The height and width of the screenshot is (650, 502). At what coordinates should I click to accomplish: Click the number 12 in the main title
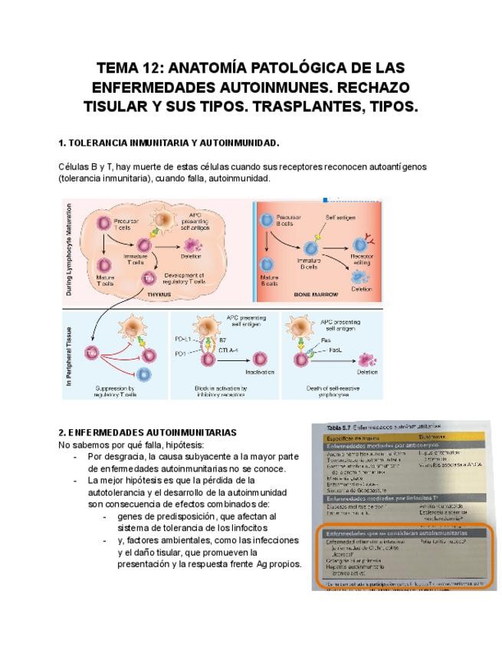154,67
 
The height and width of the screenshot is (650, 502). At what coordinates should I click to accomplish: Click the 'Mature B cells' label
269,280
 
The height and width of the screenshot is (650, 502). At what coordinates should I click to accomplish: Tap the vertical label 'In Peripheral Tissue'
69,354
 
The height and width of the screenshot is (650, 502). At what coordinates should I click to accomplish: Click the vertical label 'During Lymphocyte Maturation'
69,251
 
